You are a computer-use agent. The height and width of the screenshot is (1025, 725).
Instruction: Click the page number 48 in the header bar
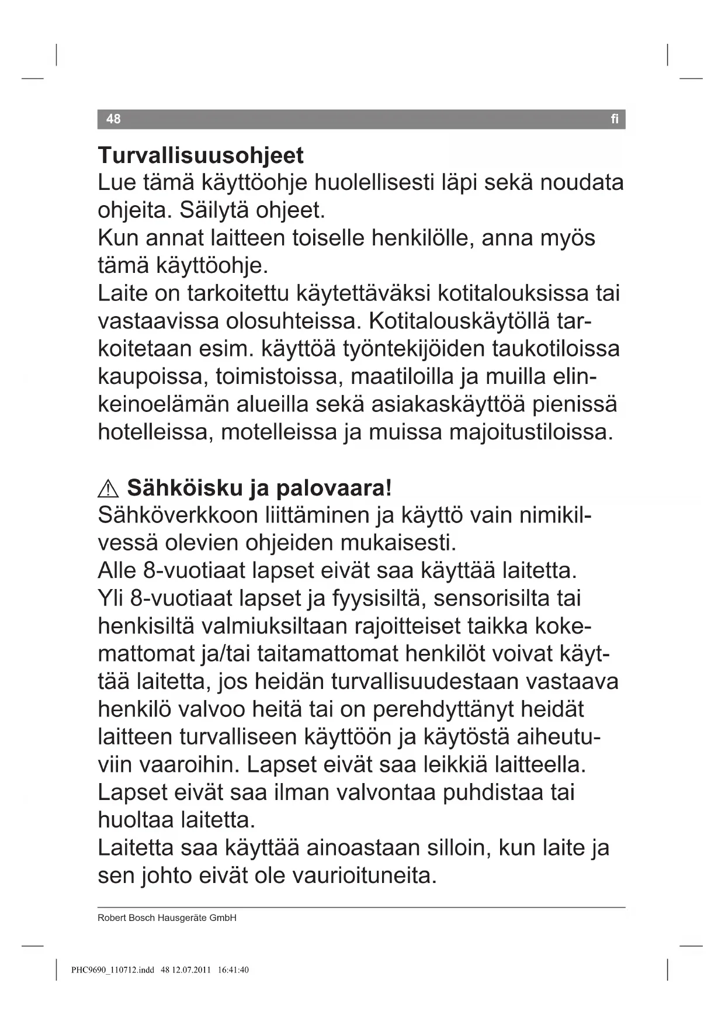point(113,119)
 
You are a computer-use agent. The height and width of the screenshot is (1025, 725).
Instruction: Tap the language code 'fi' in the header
point(615,119)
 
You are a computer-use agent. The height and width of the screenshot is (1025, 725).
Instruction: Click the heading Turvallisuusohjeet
point(200,155)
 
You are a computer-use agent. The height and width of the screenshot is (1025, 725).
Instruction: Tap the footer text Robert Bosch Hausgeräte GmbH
point(167,918)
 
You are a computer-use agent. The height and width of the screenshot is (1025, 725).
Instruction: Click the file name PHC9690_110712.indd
point(112,970)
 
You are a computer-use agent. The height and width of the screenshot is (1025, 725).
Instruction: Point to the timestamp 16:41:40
point(233,970)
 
